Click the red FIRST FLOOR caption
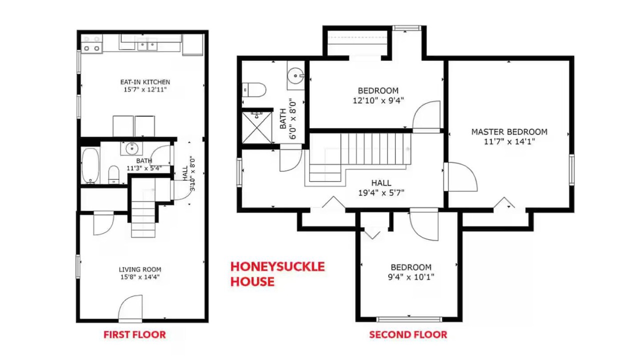pos(134,334)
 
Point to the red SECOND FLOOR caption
pos(408,334)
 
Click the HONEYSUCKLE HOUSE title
pos(277,274)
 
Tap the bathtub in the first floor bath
pos(90,165)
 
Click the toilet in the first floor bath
pos(113,174)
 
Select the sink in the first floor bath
pos(131,148)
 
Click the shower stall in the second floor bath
pos(257,127)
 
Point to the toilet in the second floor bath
pos(254,89)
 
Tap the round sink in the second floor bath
pos(295,75)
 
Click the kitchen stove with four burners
pos(91,43)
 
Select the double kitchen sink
pos(147,45)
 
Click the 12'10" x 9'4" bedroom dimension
pos(378,100)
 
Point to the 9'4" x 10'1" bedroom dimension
pos(411,277)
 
